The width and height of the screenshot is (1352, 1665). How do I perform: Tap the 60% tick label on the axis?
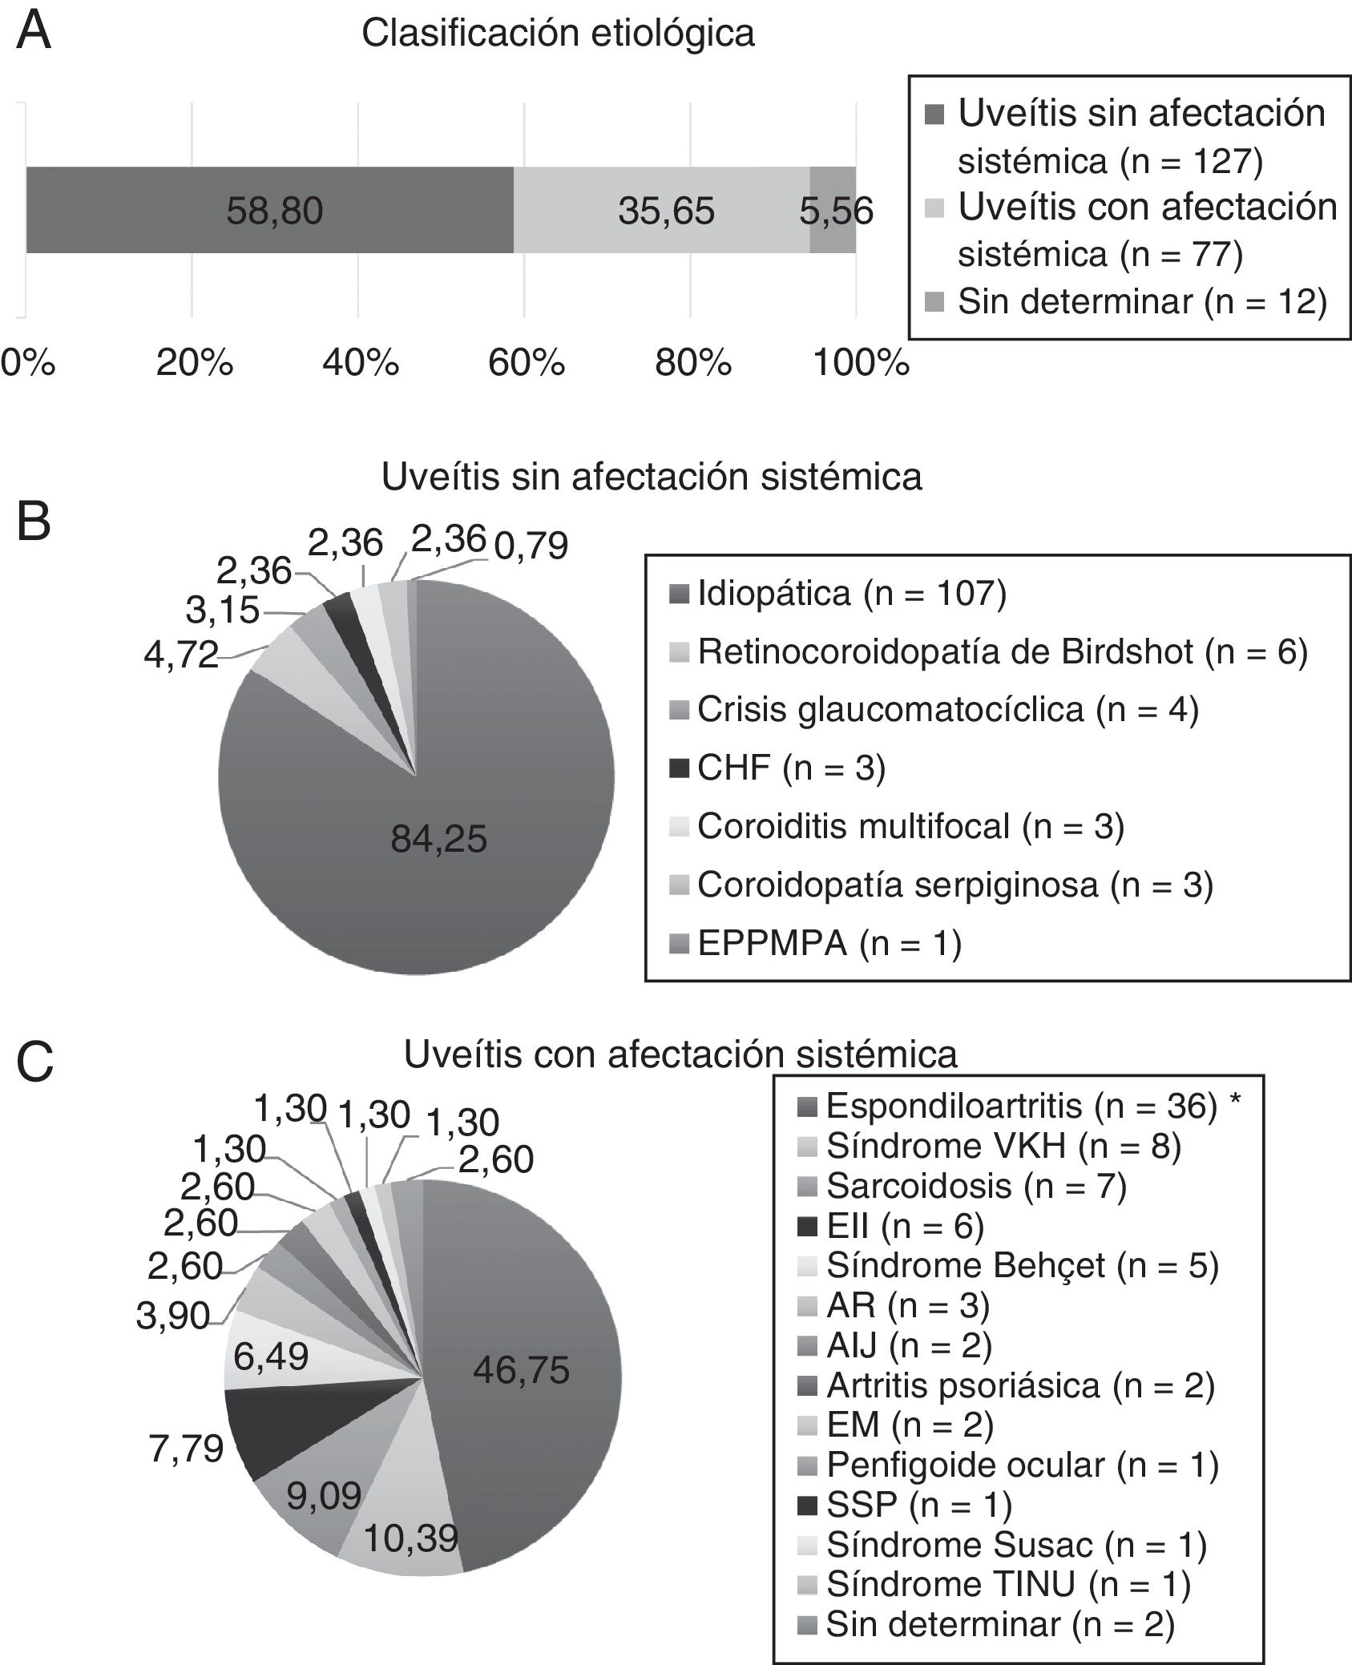click(527, 364)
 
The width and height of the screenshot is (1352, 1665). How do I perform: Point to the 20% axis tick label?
click(195, 364)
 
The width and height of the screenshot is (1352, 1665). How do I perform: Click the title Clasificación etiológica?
click(558, 34)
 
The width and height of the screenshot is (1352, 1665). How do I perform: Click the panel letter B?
click(34, 522)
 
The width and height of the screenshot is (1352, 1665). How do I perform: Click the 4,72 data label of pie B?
click(181, 655)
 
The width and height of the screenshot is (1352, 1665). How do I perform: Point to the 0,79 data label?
click(531, 546)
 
